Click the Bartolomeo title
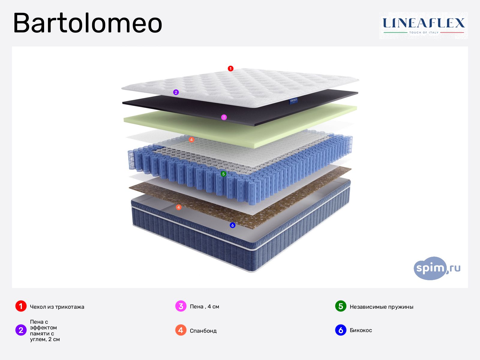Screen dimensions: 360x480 pyautogui.click(x=88, y=23)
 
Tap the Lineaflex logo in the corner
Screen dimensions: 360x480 pyautogui.click(x=423, y=25)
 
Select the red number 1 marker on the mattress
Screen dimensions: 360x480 pyautogui.click(x=230, y=69)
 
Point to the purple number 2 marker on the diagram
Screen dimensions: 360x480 pyautogui.click(x=176, y=92)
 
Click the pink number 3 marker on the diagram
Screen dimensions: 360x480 pyautogui.click(x=224, y=117)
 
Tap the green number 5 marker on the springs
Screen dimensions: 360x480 pyautogui.click(x=223, y=174)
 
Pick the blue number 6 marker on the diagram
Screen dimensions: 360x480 pyautogui.click(x=232, y=225)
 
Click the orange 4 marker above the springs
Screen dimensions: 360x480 pyautogui.click(x=191, y=140)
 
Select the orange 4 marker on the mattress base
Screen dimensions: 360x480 pyautogui.click(x=178, y=207)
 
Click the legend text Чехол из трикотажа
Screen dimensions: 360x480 pyautogui.click(x=57, y=307)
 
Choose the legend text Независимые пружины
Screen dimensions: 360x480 pyautogui.click(x=381, y=307)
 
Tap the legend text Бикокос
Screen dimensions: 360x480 pyautogui.click(x=361, y=330)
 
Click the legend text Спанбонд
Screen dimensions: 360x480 pyautogui.click(x=203, y=331)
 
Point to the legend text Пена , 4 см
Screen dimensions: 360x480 pyautogui.click(x=204, y=307)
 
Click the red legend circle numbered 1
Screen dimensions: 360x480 pyautogui.click(x=21, y=306)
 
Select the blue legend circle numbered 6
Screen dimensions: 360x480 pyautogui.click(x=341, y=330)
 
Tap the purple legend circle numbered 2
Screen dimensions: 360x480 pyautogui.click(x=21, y=330)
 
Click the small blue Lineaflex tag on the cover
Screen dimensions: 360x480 pyautogui.click(x=293, y=100)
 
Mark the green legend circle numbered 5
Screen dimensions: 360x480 pyautogui.click(x=341, y=306)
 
